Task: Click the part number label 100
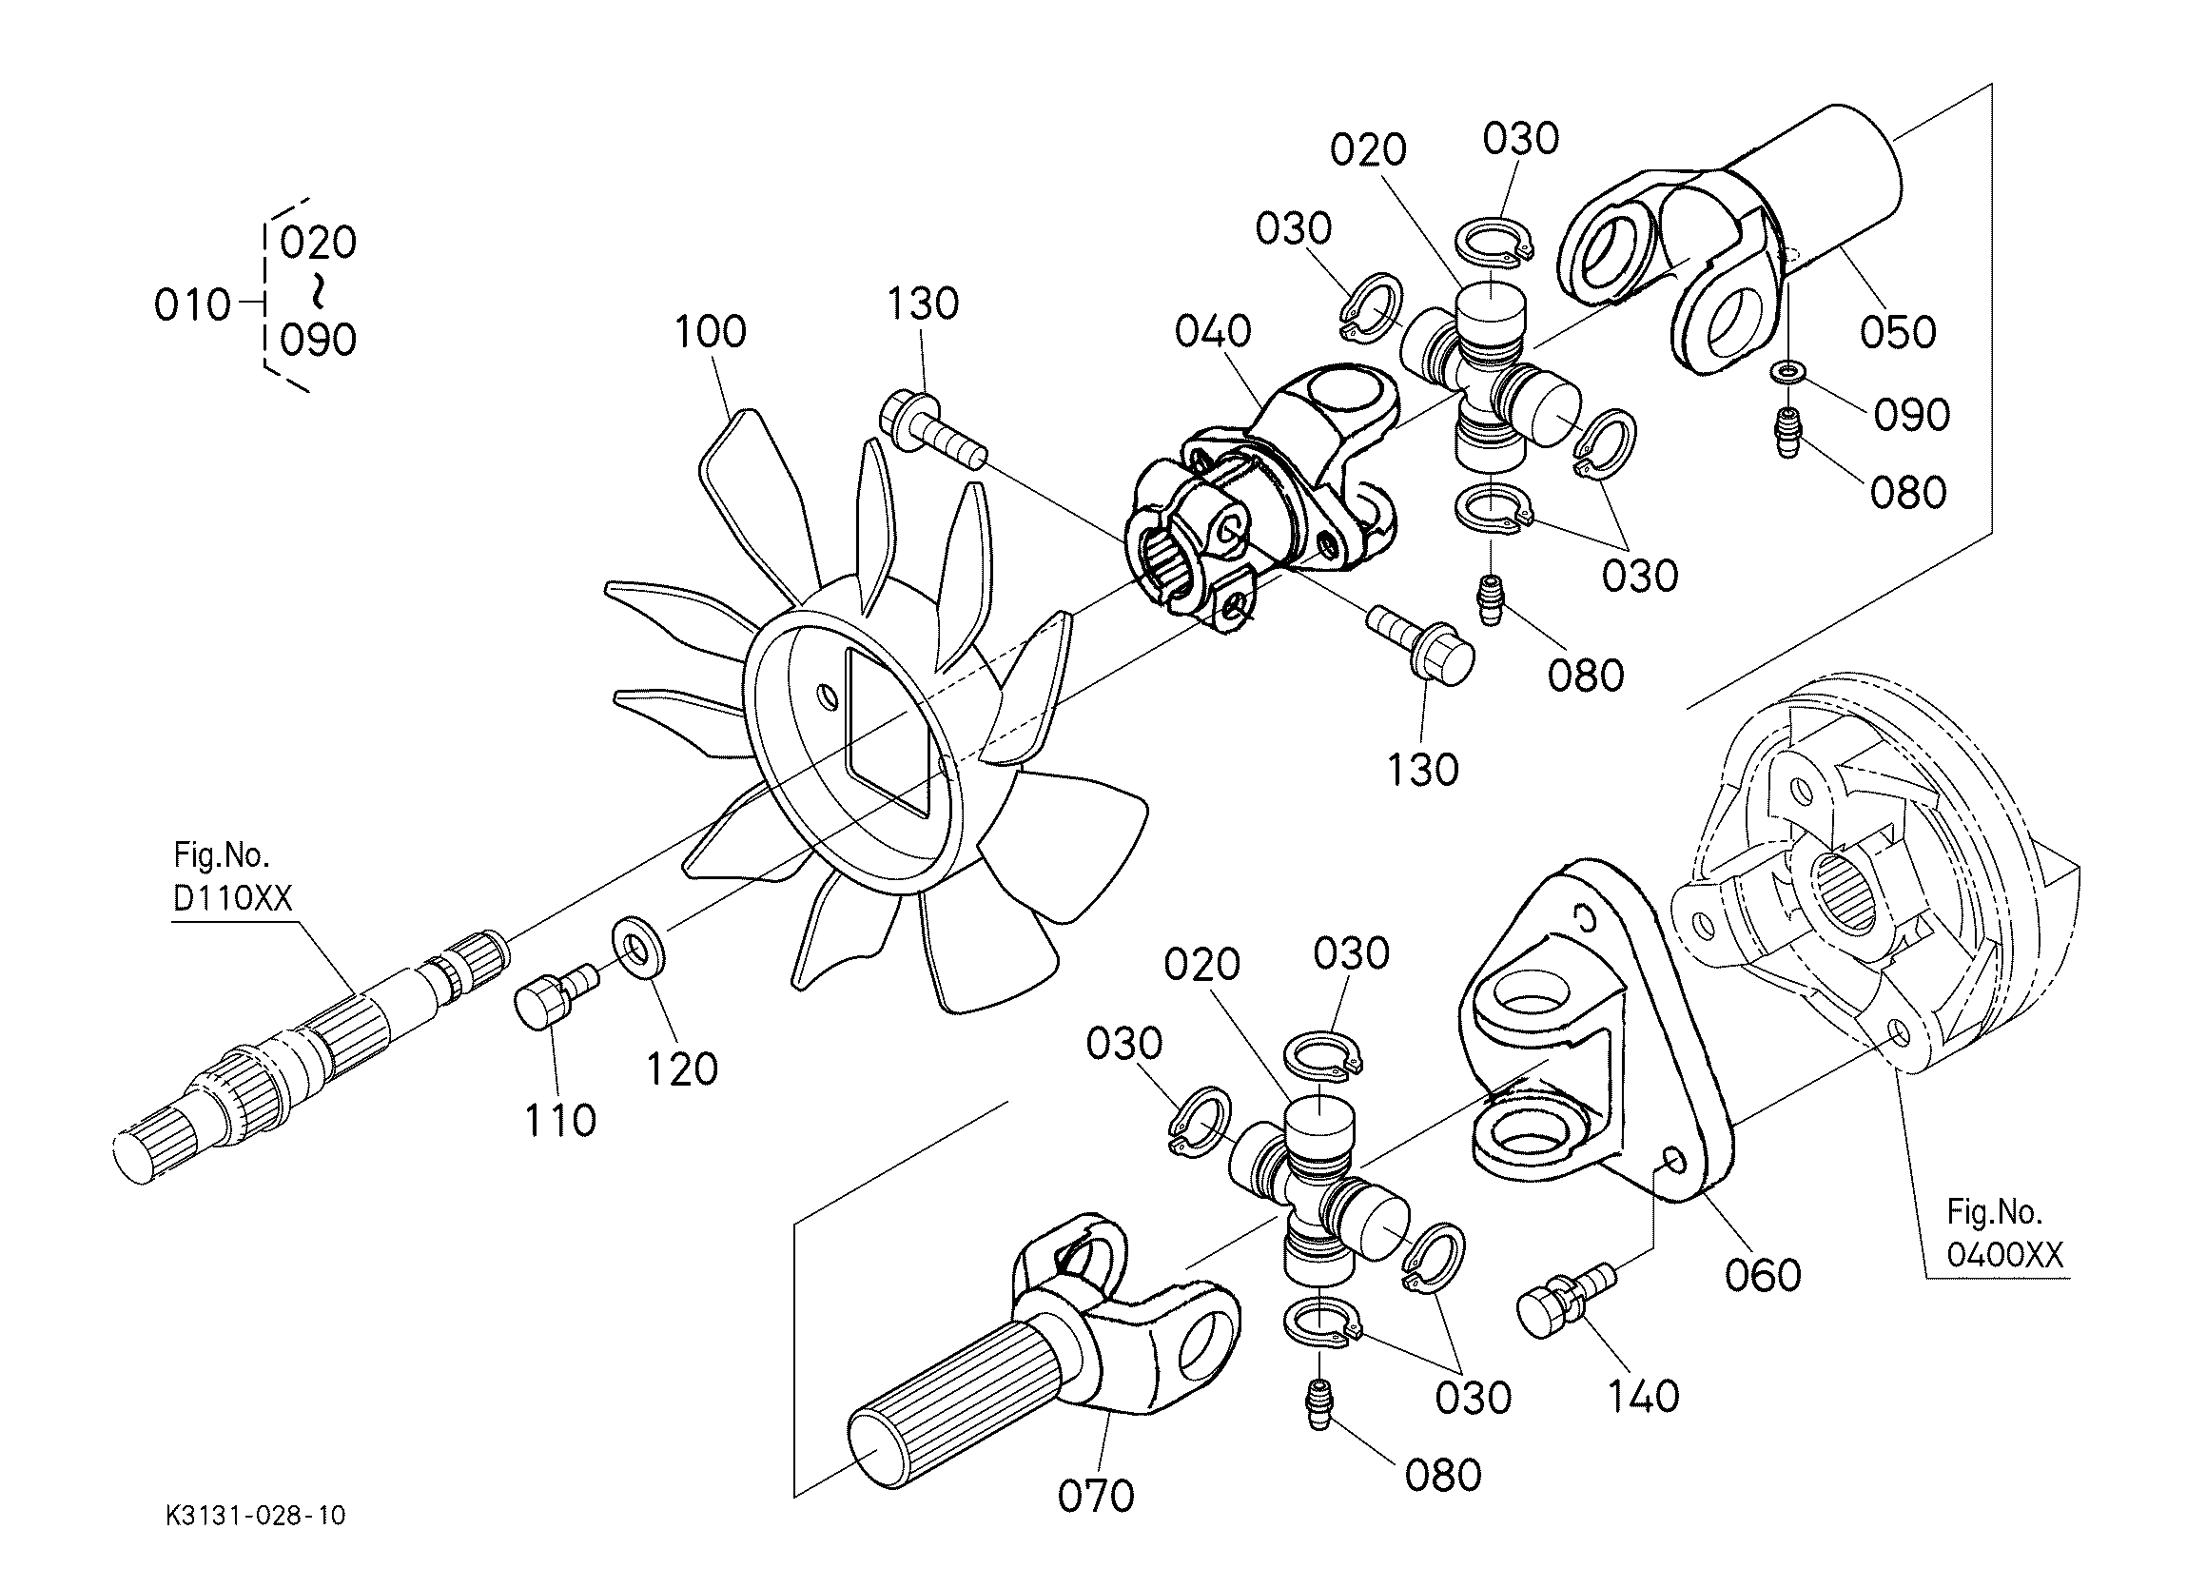pos(710,332)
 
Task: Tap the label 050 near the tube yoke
pos(1898,333)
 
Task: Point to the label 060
pos(1763,1275)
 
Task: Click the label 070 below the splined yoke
pos(1096,1497)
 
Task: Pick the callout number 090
pos(1911,415)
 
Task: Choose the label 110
pos(559,1121)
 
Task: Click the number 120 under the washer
pos(682,1068)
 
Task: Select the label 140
pos(1643,1396)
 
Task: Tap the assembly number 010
pos(192,305)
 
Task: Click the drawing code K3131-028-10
pos(255,1516)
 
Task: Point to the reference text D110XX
pos(231,899)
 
